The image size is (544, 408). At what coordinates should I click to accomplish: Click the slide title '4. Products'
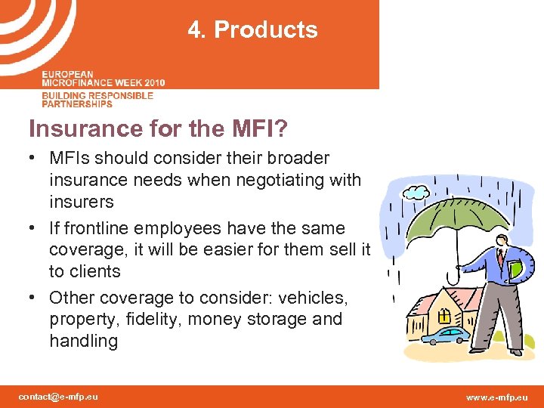[x=253, y=30]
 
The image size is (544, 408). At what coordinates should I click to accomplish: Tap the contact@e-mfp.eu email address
[x=59, y=397]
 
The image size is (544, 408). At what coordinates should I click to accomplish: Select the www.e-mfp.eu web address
[x=497, y=397]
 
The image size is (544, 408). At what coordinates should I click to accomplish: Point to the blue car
[x=446, y=334]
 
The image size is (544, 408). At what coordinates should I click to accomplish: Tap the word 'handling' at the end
[x=83, y=341]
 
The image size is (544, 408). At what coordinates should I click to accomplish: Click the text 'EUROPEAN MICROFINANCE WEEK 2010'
[x=104, y=79]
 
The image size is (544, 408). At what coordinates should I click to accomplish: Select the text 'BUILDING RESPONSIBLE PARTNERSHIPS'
[x=97, y=99]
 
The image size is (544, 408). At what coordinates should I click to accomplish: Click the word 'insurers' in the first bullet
[x=81, y=202]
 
